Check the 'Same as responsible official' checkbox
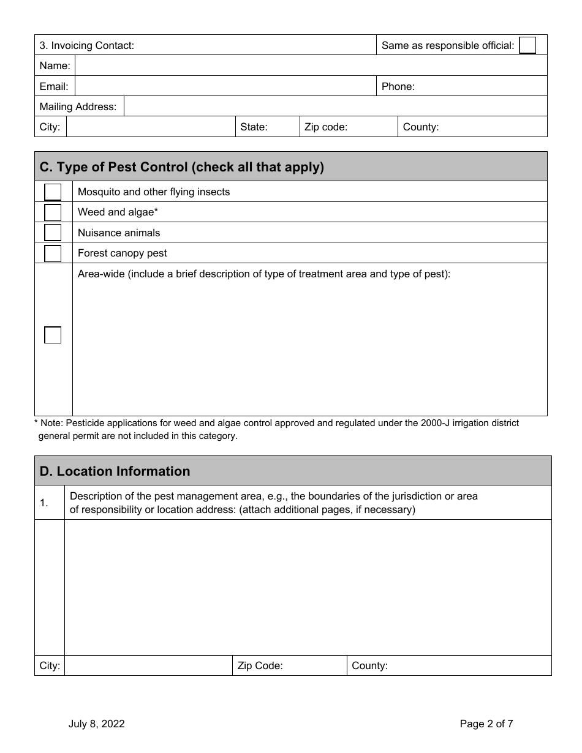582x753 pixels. click(x=527, y=45)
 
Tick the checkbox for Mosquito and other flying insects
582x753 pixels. click(x=53, y=192)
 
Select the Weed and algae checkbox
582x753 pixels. click(x=53, y=212)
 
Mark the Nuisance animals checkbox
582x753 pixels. click(x=53, y=233)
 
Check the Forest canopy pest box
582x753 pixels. click(x=53, y=253)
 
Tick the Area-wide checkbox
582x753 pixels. click(x=53, y=335)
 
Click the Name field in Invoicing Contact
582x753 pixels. click(x=311, y=66)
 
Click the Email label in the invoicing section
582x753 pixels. click(x=54, y=86)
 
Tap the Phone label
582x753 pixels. click(x=398, y=86)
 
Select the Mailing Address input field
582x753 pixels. click(x=335, y=107)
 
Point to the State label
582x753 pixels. click(x=254, y=127)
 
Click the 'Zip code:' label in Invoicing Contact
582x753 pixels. click(x=326, y=127)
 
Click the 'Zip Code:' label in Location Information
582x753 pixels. click(x=260, y=666)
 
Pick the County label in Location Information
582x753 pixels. click(x=369, y=666)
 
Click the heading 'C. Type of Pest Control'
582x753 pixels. click(x=181, y=167)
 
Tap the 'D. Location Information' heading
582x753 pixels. click(x=115, y=471)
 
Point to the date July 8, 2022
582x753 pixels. click(x=96, y=724)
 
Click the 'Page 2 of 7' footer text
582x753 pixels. click(x=486, y=724)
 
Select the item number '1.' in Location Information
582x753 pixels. click(x=44, y=503)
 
